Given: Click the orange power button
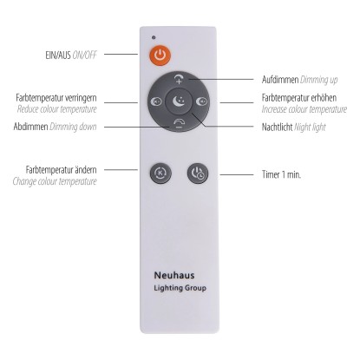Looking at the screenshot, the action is point(160,55).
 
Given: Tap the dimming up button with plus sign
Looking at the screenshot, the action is point(179,79).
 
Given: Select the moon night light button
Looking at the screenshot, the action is point(179,101).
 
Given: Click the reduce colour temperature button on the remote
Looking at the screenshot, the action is point(156,101).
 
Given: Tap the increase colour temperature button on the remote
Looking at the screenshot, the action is point(201,101).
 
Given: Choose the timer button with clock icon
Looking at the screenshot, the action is point(198,173).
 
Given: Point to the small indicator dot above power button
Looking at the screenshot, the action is point(154,37).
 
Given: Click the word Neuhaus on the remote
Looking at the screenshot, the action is point(174,275).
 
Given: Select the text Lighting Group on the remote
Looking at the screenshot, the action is point(180,288).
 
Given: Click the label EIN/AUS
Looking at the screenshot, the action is point(58,55).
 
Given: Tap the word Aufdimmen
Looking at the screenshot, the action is point(280,80).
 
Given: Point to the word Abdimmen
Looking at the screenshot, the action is point(30,127).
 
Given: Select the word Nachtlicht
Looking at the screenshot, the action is point(277,127).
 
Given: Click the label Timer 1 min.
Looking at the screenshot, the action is point(281,174).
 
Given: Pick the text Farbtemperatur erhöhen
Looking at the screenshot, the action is point(299,98).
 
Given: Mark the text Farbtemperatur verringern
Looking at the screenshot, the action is point(56,98).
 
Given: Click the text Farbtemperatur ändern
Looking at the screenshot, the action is point(61,170).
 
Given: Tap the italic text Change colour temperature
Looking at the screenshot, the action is point(55,181).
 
